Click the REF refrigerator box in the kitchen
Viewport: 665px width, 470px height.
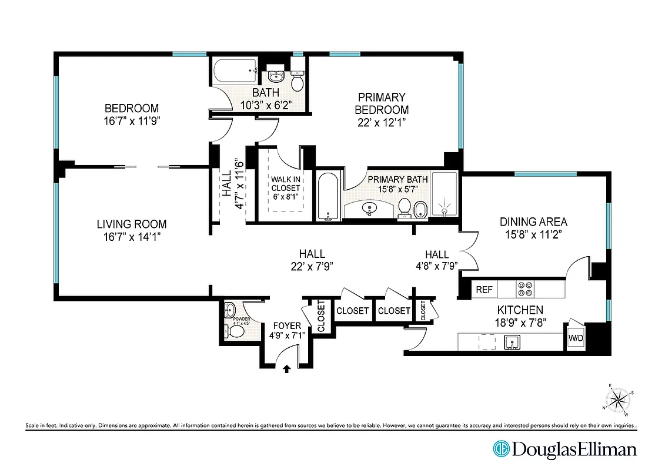[484, 289]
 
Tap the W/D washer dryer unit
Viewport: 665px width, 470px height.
[575, 338]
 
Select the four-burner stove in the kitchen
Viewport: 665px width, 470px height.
[524, 289]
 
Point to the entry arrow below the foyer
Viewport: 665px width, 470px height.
[287, 370]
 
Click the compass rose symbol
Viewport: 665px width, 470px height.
[619, 401]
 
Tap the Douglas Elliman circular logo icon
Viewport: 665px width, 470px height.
[500, 449]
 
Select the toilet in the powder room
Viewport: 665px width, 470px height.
[236, 332]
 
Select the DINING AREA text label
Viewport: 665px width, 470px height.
[533, 221]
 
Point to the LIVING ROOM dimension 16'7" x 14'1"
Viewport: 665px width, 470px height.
[132, 236]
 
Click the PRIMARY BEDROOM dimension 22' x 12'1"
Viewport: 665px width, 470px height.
[382, 122]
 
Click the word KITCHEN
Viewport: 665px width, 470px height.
[520, 310]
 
